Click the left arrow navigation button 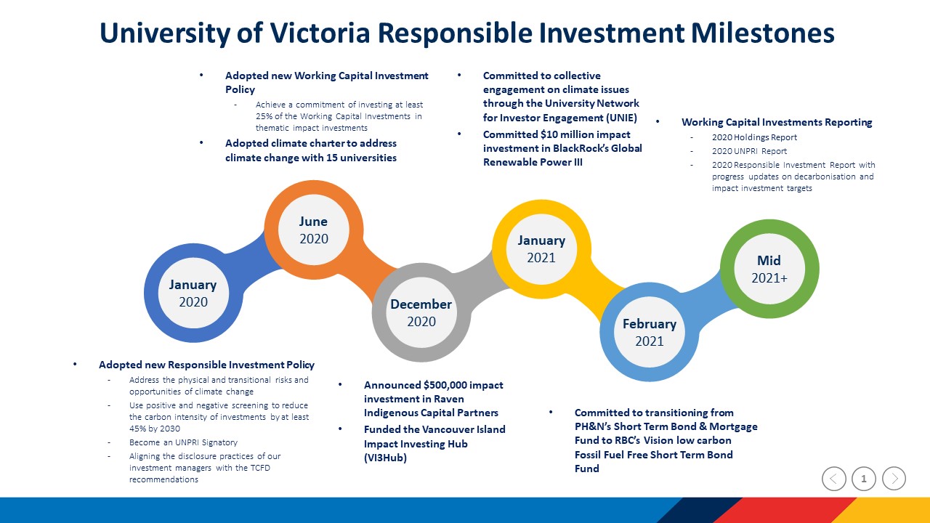pos(833,479)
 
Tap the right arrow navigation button pos(894,479)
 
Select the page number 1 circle pos(864,479)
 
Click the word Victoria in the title pos(320,33)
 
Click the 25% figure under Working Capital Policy pos(264,116)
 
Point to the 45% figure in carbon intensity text pos(137,429)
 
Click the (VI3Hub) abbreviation pos(385,458)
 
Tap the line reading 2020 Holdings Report pos(754,137)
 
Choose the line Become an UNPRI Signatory pos(183,442)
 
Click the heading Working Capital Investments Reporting pos(777,123)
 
